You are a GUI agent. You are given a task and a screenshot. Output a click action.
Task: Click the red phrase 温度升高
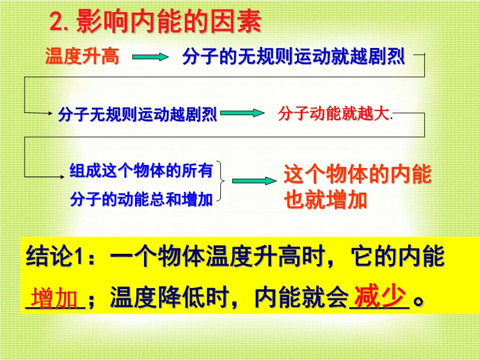click(x=82, y=56)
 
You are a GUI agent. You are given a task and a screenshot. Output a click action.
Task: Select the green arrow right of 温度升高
click(x=151, y=57)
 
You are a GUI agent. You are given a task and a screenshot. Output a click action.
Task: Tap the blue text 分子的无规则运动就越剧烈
click(x=293, y=56)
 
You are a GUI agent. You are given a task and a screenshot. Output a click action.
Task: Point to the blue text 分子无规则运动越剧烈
click(x=138, y=114)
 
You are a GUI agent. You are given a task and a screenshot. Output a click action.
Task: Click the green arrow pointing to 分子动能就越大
click(x=242, y=113)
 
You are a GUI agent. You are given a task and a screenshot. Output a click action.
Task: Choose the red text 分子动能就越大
click(x=334, y=113)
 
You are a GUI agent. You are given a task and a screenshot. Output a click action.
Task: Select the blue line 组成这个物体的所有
click(x=141, y=170)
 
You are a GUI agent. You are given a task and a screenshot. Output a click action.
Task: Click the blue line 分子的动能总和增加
click(x=141, y=200)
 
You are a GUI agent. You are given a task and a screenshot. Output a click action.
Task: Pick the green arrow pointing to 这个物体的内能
click(x=254, y=181)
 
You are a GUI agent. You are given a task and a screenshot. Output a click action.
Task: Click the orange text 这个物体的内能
click(x=358, y=174)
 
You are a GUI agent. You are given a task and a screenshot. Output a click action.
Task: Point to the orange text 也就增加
click(x=325, y=200)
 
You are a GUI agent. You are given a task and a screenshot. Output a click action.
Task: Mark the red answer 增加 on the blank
click(x=54, y=298)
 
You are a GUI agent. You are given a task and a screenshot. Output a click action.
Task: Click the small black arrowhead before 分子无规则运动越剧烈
click(x=50, y=113)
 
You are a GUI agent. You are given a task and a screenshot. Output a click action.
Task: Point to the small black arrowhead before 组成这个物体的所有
click(x=62, y=176)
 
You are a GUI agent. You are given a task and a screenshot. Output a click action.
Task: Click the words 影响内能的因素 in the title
click(x=169, y=21)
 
